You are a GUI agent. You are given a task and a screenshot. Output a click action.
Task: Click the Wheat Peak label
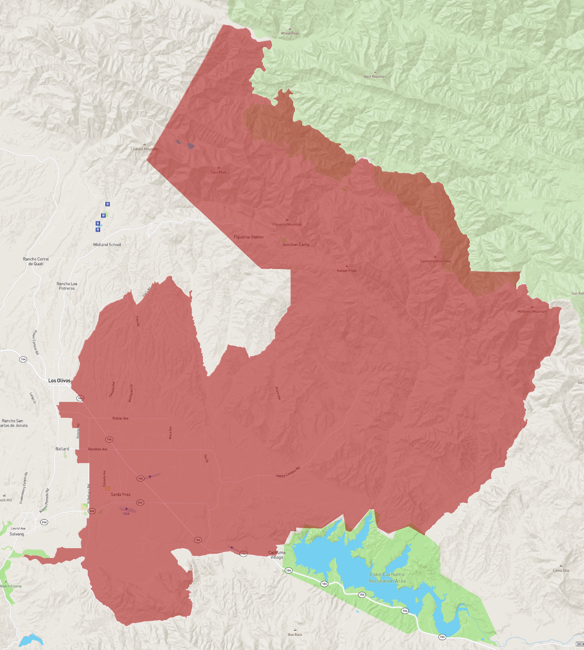[290, 33]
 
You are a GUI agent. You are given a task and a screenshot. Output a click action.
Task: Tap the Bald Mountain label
[375, 77]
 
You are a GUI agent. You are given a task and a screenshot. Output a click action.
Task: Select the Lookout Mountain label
[144, 149]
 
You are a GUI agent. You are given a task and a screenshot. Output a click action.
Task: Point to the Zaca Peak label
[219, 172]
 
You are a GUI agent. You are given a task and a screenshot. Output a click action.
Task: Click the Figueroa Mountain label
[287, 225]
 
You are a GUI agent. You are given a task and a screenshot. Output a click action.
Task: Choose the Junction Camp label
[296, 245]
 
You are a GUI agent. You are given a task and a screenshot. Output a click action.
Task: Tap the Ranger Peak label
[346, 271]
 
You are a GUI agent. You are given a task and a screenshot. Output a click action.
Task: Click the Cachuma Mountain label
[435, 261]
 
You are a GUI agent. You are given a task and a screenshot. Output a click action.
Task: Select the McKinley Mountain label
[532, 311]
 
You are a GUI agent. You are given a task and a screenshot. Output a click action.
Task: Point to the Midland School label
[107, 245]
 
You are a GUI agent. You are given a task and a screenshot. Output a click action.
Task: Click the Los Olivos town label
[60, 381]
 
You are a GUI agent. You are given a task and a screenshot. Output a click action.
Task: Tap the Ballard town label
[62, 449]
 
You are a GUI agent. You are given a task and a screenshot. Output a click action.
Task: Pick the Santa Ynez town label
[121, 494]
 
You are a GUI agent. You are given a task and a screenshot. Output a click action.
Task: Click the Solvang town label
[17, 534]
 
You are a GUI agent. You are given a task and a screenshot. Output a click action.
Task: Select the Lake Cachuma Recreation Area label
[387, 578]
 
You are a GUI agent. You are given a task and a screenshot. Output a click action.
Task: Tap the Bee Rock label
[295, 635]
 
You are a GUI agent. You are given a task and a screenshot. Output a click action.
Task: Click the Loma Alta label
[561, 570]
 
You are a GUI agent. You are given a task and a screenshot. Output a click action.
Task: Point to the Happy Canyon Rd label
[288, 473]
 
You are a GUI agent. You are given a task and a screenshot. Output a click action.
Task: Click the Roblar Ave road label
[120, 418]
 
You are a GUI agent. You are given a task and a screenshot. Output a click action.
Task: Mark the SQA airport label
[126, 514]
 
